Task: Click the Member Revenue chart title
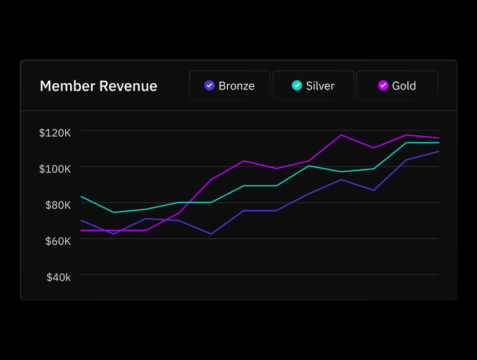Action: click(x=98, y=86)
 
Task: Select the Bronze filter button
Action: click(x=230, y=86)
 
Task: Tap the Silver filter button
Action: click(x=314, y=86)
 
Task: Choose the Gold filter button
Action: click(x=397, y=86)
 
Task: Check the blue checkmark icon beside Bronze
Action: click(x=209, y=86)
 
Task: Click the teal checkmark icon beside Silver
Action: click(x=297, y=86)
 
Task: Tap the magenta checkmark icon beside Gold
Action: click(x=383, y=86)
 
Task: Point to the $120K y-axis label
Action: click(x=55, y=132)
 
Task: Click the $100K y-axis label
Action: click(x=55, y=168)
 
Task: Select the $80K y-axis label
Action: click(x=58, y=204)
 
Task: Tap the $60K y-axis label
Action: click(x=58, y=240)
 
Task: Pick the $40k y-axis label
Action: click(x=58, y=277)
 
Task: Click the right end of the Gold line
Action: click(x=438, y=138)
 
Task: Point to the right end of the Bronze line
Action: click(x=438, y=151)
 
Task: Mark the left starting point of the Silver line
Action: click(x=81, y=196)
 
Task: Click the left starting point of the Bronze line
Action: click(x=81, y=220)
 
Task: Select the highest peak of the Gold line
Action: click(x=341, y=135)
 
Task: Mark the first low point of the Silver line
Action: click(x=114, y=212)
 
